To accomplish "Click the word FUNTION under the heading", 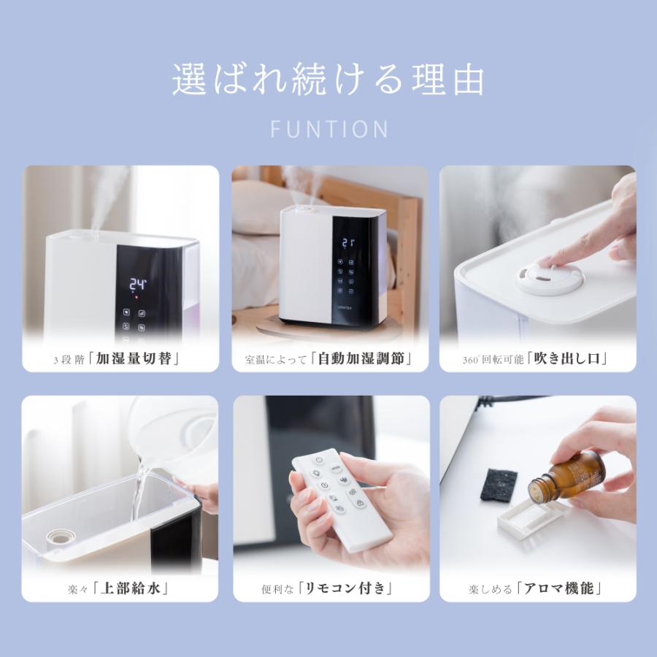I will click(x=328, y=129).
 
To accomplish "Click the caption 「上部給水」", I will click(x=135, y=588).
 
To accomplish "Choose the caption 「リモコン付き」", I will click(x=347, y=588).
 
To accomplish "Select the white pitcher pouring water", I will click(x=172, y=438).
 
